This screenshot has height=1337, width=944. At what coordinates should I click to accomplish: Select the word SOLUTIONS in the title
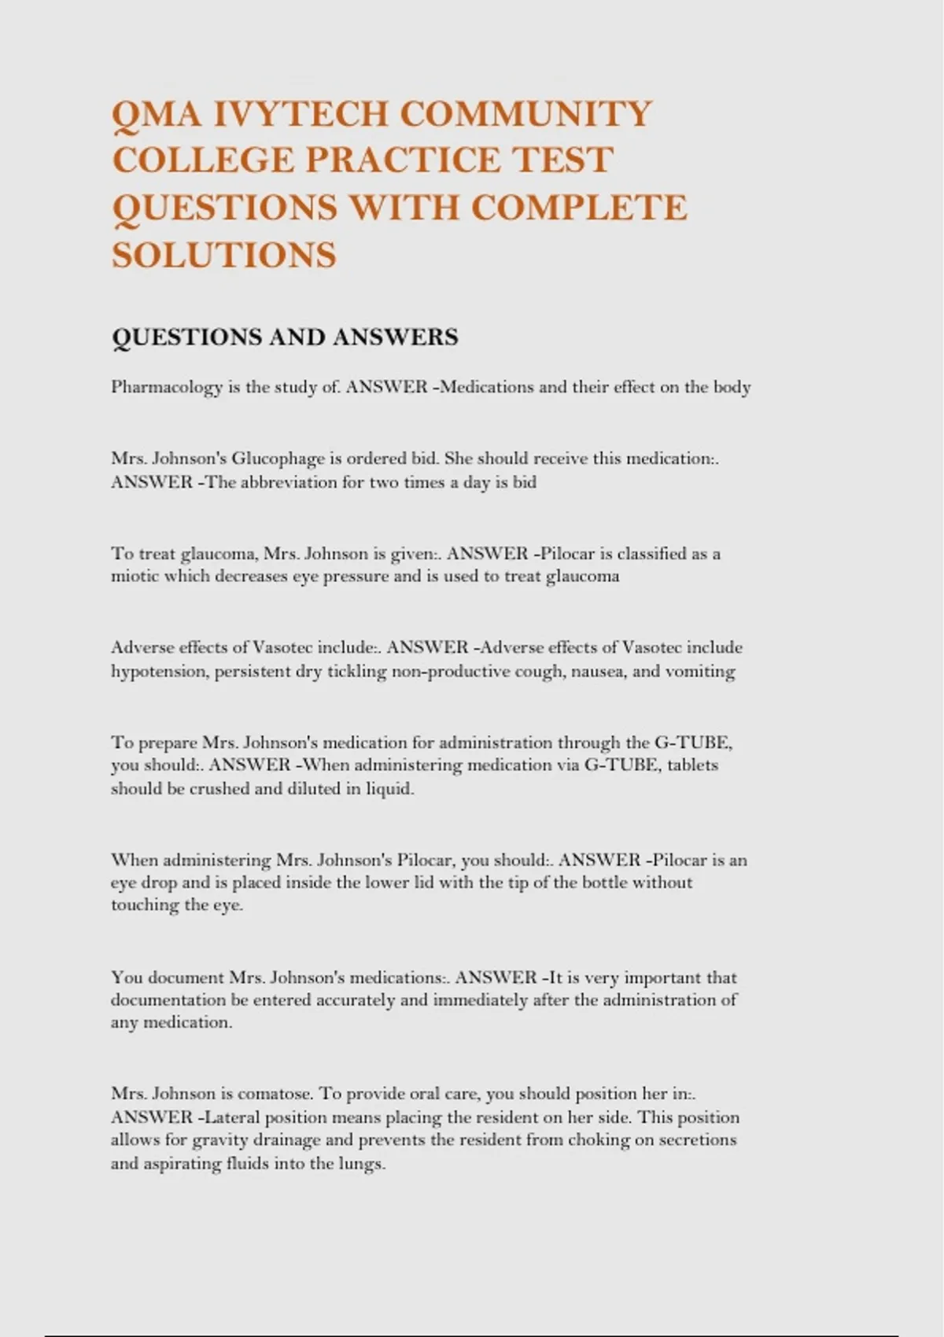224,255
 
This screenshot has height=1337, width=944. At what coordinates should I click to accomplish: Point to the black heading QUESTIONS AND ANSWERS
285,337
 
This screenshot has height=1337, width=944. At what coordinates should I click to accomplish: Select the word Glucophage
285,459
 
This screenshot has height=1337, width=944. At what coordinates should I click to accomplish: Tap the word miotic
135,576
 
